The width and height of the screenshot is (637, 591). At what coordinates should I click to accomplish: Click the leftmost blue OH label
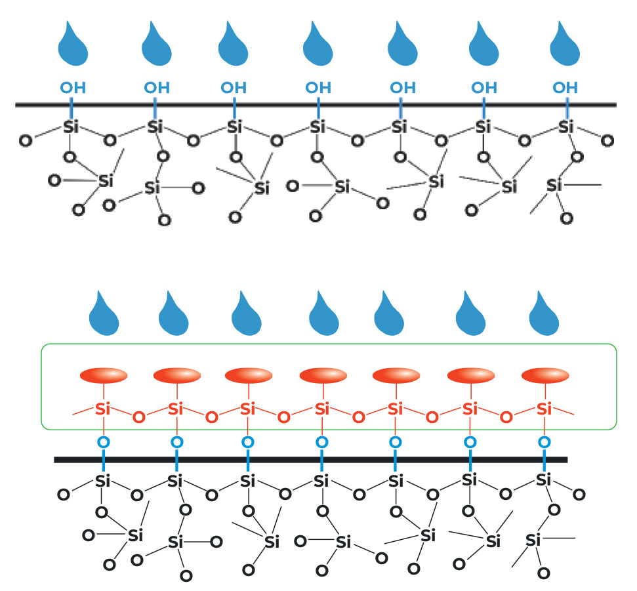72,87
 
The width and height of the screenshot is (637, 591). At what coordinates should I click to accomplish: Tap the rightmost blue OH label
565,87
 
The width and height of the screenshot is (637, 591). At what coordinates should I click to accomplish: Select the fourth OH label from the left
319,87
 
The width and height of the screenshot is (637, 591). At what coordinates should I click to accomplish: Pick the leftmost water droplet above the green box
104,313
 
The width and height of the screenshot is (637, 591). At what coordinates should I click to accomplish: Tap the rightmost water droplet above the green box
545,313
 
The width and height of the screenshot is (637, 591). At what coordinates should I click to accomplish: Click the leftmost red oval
103,376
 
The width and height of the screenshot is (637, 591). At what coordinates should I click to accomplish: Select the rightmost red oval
545,376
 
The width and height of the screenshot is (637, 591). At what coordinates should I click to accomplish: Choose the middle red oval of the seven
323,376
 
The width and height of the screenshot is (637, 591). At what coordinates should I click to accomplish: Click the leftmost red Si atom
102,409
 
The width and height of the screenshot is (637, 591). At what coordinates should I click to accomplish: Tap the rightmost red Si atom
543,409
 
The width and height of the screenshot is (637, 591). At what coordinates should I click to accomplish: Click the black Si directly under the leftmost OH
71,127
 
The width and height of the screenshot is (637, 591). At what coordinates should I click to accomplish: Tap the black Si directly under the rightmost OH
566,127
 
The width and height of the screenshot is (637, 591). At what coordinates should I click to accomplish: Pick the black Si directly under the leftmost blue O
102,481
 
